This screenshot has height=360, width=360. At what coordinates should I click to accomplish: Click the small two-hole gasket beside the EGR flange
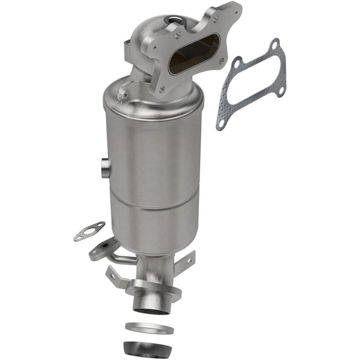(88, 231)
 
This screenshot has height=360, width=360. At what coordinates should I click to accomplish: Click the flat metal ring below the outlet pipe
(149, 328)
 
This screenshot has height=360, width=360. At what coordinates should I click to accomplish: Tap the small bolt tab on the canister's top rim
(123, 95)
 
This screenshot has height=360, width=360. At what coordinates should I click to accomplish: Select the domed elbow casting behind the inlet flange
(149, 36)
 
